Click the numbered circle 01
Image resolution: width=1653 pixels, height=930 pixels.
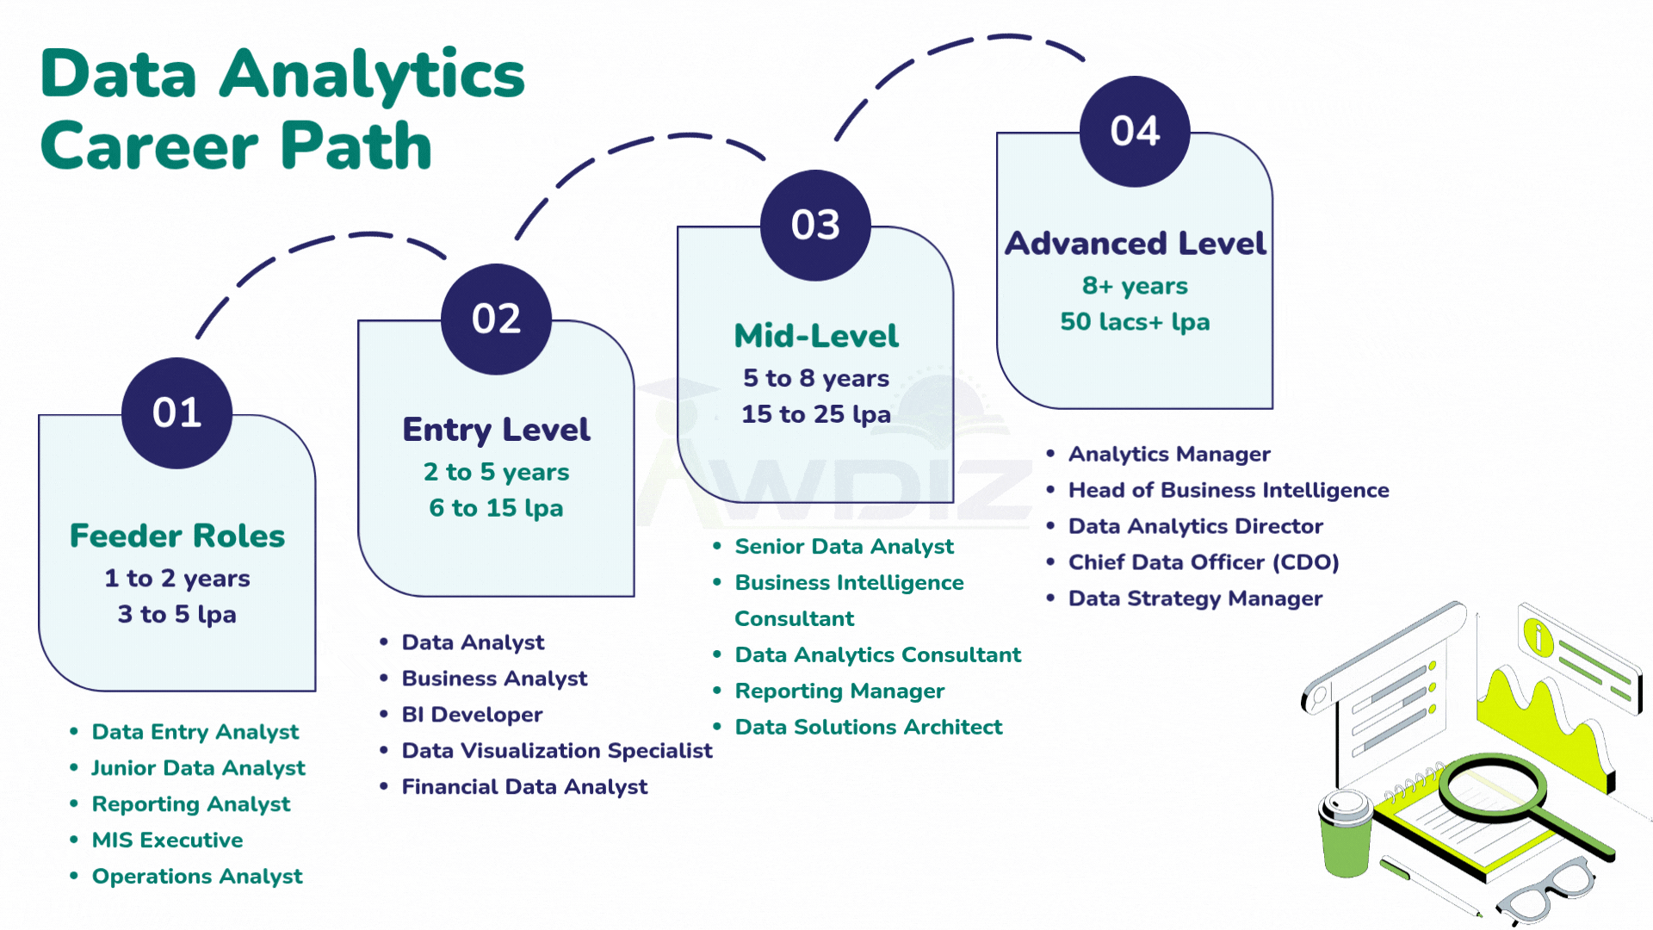pos(177,413)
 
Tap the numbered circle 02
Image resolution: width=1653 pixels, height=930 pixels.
pos(496,319)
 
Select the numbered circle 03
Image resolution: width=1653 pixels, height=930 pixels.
pos(815,226)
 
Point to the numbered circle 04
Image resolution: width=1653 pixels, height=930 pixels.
pos(1135,132)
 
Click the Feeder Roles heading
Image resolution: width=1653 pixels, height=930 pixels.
pos(177,536)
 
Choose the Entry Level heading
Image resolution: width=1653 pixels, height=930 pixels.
pos(496,430)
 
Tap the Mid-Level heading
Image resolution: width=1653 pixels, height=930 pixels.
pos(816,336)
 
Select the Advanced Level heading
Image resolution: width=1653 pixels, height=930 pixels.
pos(1135,244)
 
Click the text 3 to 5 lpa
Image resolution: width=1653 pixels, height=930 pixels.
pos(177,615)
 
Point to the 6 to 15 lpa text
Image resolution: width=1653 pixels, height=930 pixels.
pos(496,508)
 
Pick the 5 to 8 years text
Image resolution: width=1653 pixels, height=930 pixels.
pos(816,378)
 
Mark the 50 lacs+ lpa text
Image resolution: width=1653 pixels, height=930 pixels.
pos(1135,322)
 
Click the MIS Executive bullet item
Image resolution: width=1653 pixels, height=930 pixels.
pos(167,840)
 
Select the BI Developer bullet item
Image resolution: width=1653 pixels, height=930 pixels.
pos(472,715)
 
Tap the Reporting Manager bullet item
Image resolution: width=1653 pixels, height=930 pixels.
pos(839,691)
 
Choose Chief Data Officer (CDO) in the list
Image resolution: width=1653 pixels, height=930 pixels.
pos(1204,562)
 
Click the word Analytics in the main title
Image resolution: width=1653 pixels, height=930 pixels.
pos(372,76)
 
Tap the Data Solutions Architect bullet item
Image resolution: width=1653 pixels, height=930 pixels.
pos(869,728)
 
